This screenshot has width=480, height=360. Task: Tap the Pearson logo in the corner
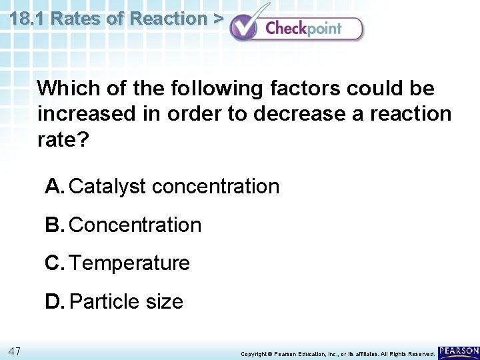pos(459,352)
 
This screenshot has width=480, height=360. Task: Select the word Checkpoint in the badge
pos(303,28)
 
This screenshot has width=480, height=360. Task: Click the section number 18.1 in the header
pos(27,18)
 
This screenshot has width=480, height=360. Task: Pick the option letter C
pos(55,263)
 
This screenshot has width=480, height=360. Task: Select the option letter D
pos(55,302)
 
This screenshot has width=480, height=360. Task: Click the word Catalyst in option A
pos(107,187)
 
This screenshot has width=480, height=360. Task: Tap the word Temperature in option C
pos(130,263)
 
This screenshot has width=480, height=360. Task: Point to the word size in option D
pos(163,302)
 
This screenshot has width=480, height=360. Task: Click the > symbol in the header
pos(218,18)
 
